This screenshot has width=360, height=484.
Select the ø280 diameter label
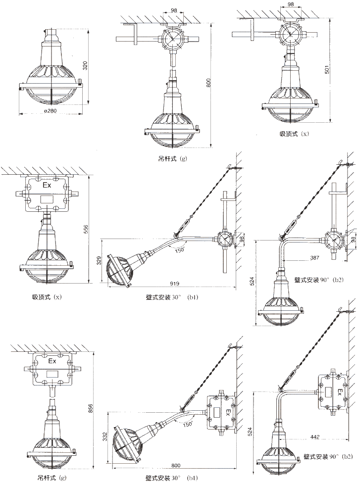point(50,111)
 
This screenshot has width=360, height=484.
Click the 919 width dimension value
point(174,284)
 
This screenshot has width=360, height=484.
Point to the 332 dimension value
point(104,436)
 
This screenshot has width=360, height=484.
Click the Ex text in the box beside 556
point(47,186)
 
